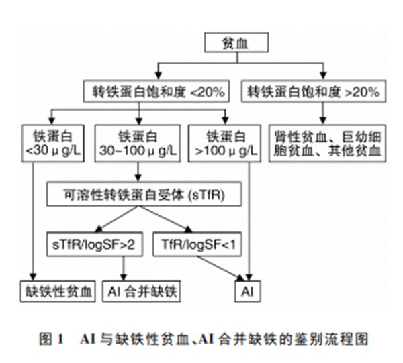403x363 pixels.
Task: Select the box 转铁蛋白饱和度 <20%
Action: coord(158,91)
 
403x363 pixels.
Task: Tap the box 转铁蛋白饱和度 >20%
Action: coord(313,91)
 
